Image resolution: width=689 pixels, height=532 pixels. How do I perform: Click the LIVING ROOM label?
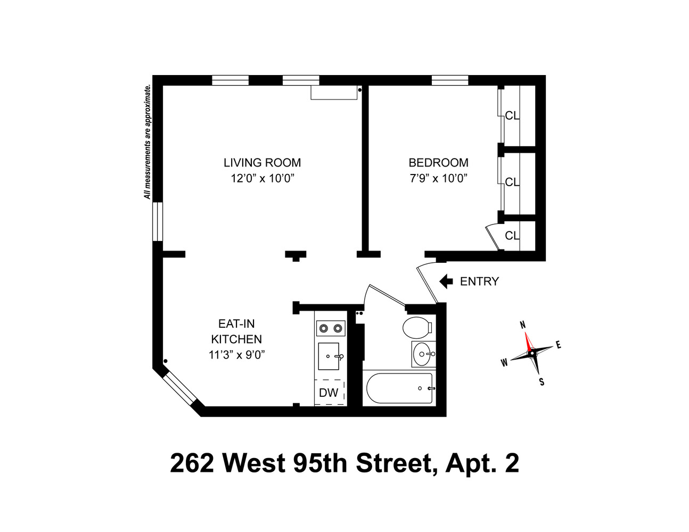pos(262,163)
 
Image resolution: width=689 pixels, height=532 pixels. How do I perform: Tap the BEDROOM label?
pos(438,163)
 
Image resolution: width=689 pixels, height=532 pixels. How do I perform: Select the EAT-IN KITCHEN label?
pos(236,331)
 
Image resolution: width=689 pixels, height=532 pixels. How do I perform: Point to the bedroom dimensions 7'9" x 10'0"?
pos(438,178)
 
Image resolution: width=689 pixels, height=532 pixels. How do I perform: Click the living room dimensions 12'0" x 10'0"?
pos(262,178)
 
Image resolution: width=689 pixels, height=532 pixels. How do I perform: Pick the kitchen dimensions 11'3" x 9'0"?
pos(236,355)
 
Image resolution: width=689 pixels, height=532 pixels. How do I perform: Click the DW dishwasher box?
pos(329,393)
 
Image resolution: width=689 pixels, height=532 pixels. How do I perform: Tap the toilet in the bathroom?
pos(416,327)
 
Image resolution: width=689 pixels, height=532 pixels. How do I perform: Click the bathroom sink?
pos(423,353)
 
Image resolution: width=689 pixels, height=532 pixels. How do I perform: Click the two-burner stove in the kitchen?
pos(330,328)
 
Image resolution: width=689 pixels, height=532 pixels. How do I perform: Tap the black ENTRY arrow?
pos(446,281)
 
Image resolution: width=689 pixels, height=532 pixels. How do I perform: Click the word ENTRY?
pos(479,281)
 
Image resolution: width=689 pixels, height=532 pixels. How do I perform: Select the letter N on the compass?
pos(523,325)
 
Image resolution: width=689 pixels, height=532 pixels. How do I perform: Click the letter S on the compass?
pos(542,381)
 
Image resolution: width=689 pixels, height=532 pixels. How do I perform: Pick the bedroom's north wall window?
pos(449,80)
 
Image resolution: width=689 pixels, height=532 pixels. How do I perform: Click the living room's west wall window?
pos(158,221)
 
